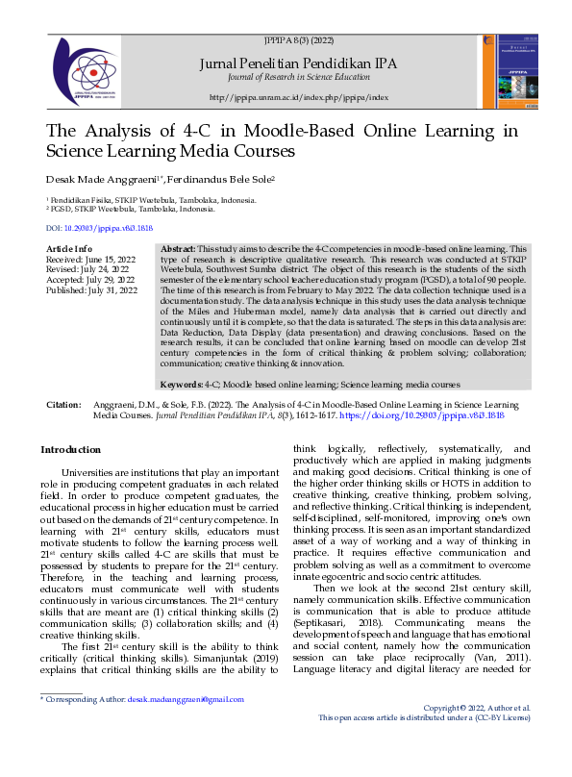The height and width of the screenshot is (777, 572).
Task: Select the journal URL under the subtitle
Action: [x=298, y=98]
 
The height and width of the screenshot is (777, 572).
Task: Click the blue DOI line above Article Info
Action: [x=100, y=228]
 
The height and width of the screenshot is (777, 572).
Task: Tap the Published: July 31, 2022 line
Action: [x=91, y=289]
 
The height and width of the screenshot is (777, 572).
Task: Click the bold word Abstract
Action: [x=177, y=249]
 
